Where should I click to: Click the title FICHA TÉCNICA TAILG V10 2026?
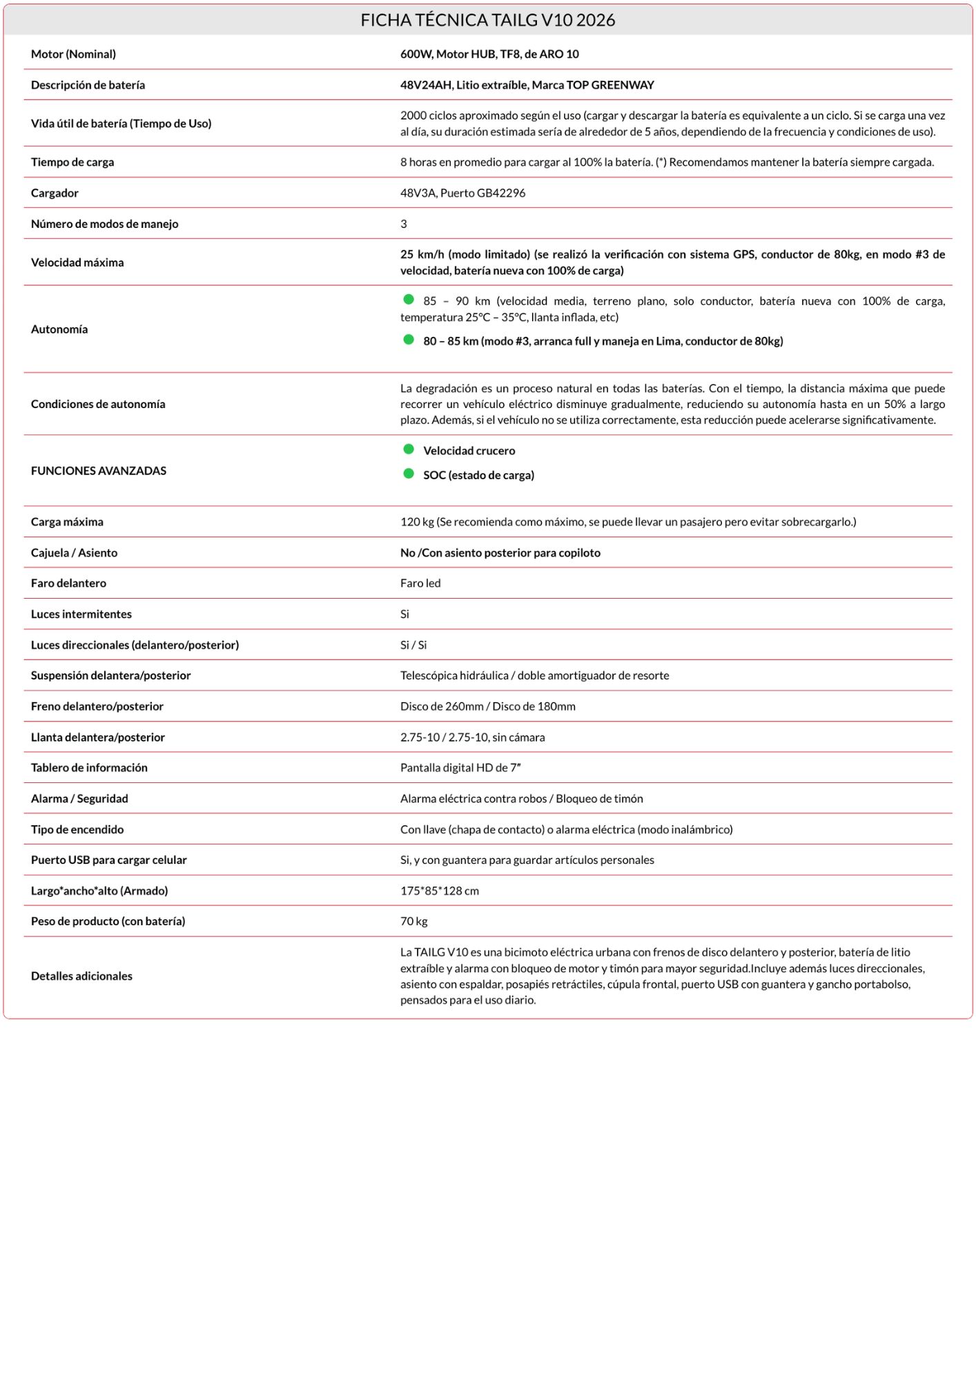pyautogui.click(x=487, y=20)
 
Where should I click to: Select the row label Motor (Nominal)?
pyautogui.click(x=73, y=54)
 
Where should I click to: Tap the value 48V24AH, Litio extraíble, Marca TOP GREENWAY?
pyautogui.click(x=527, y=85)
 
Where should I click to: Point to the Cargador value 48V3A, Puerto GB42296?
pyautogui.click(x=462, y=193)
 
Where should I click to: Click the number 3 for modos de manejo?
pyautogui.click(x=404, y=224)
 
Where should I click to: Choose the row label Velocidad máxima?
pyautogui.click(x=77, y=262)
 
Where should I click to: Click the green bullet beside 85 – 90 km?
pyautogui.click(x=409, y=300)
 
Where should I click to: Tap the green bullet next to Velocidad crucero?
pyautogui.click(x=409, y=450)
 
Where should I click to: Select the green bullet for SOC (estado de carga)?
pyautogui.click(x=409, y=474)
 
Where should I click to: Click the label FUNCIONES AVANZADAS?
pyautogui.click(x=99, y=471)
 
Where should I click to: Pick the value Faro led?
pyautogui.click(x=420, y=583)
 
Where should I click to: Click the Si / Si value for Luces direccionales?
pyautogui.click(x=413, y=645)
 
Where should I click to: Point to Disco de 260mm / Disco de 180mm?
pyautogui.click(x=487, y=706)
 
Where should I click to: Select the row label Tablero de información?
pyautogui.click(x=89, y=768)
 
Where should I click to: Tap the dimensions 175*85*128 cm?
pyautogui.click(x=440, y=891)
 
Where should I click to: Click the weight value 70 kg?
pyautogui.click(x=414, y=921)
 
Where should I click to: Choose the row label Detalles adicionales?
pyautogui.click(x=81, y=976)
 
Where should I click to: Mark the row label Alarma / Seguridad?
pyautogui.click(x=79, y=799)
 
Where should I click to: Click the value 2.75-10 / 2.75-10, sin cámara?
pyautogui.click(x=472, y=737)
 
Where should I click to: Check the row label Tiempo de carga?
pyautogui.click(x=72, y=162)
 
